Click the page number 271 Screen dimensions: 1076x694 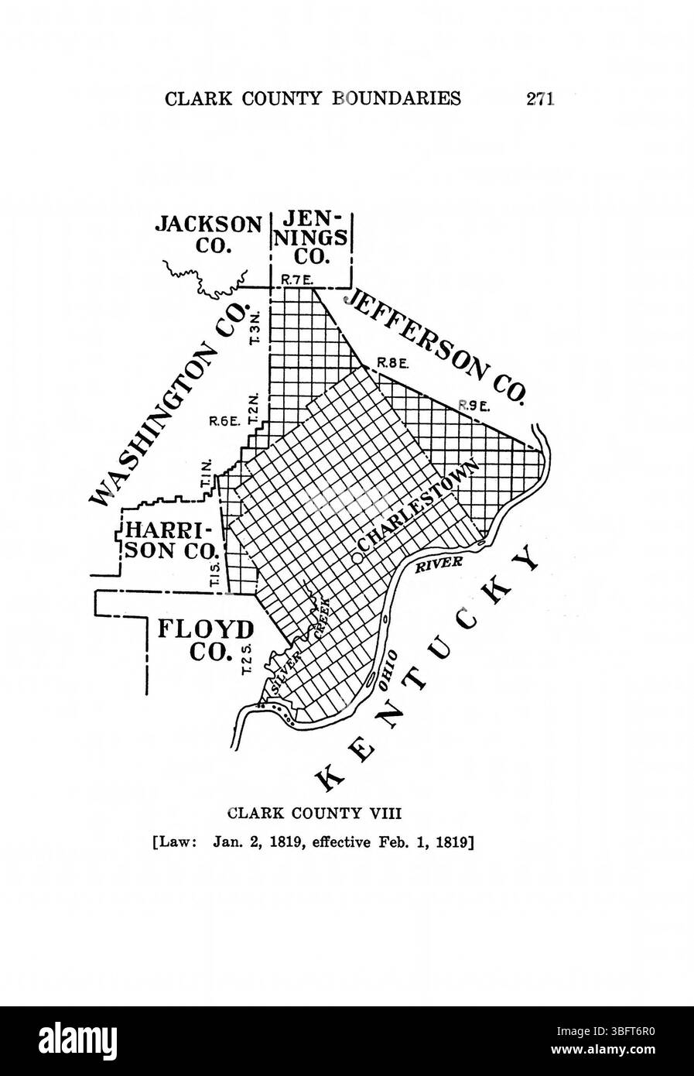tap(540, 98)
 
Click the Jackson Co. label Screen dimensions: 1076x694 tap(208, 235)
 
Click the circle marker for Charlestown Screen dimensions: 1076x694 tap(357, 557)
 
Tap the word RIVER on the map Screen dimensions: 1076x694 tap(439, 564)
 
